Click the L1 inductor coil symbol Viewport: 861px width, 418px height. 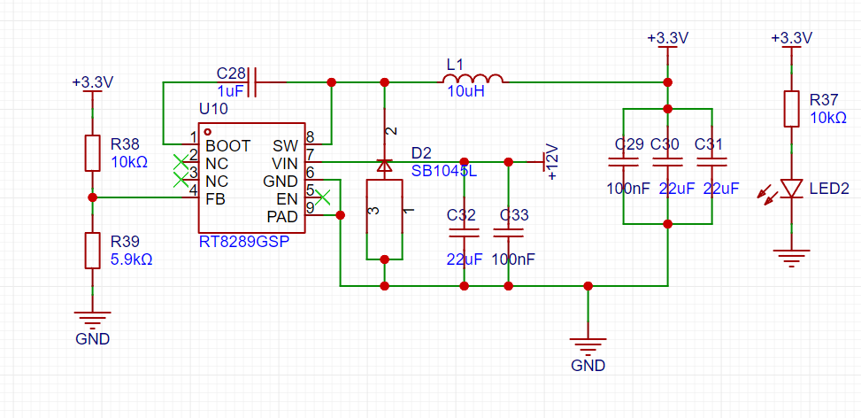(473, 79)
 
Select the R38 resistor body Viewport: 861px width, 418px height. (92, 152)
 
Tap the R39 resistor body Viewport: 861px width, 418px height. (92, 251)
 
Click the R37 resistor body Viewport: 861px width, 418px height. (791, 109)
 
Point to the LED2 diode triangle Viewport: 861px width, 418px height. (791, 189)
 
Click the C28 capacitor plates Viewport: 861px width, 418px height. (252, 82)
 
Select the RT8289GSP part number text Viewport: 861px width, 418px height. (244, 241)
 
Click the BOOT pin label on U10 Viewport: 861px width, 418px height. (228, 146)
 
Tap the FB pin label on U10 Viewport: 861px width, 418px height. (215, 198)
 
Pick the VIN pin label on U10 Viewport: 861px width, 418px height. (284, 163)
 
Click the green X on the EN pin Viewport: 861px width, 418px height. (324, 197)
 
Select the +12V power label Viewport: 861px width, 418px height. (551, 161)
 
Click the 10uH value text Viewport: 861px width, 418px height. (466, 92)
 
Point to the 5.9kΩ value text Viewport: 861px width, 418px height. (132, 259)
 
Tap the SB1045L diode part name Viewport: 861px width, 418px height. (444, 171)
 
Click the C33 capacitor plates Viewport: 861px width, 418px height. (509, 234)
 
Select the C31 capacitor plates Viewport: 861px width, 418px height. (711, 162)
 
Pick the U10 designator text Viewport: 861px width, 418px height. (213, 109)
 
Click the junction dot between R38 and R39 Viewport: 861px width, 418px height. (92, 197)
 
